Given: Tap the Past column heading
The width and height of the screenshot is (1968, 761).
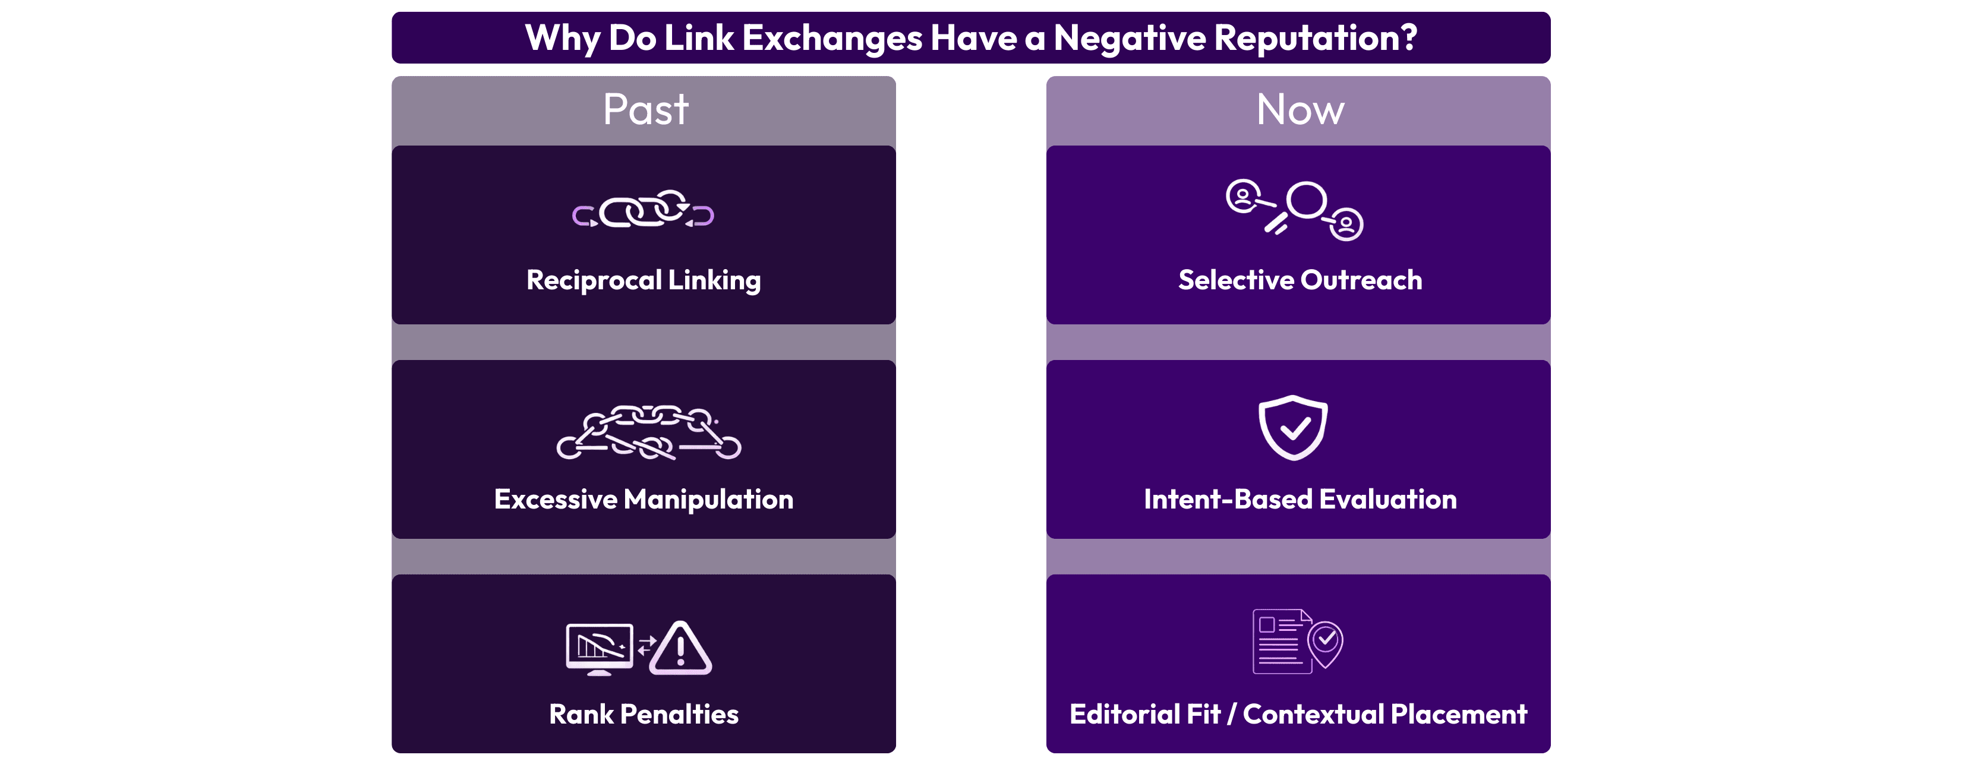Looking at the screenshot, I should click(x=645, y=109).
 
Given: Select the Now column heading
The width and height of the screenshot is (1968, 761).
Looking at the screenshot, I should click(x=1300, y=109).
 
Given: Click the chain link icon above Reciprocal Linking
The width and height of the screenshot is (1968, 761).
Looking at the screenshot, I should click(x=644, y=210).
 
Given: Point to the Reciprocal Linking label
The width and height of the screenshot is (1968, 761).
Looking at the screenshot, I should click(x=644, y=280).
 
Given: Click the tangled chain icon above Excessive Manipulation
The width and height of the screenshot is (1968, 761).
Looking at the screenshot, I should click(x=649, y=432).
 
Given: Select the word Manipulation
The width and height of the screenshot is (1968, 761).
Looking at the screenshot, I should click(x=708, y=499).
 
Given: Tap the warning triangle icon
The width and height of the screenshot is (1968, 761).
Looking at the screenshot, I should click(x=680, y=649).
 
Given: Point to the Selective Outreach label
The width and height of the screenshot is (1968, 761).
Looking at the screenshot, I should click(x=1300, y=280).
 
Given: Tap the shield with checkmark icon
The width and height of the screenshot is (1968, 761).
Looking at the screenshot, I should click(x=1292, y=427).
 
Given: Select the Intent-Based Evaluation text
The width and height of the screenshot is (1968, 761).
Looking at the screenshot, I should click(x=1300, y=499).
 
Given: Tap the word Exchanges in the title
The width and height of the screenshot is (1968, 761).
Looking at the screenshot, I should click(x=832, y=37).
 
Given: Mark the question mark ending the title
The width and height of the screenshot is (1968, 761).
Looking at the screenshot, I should click(x=1409, y=37).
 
